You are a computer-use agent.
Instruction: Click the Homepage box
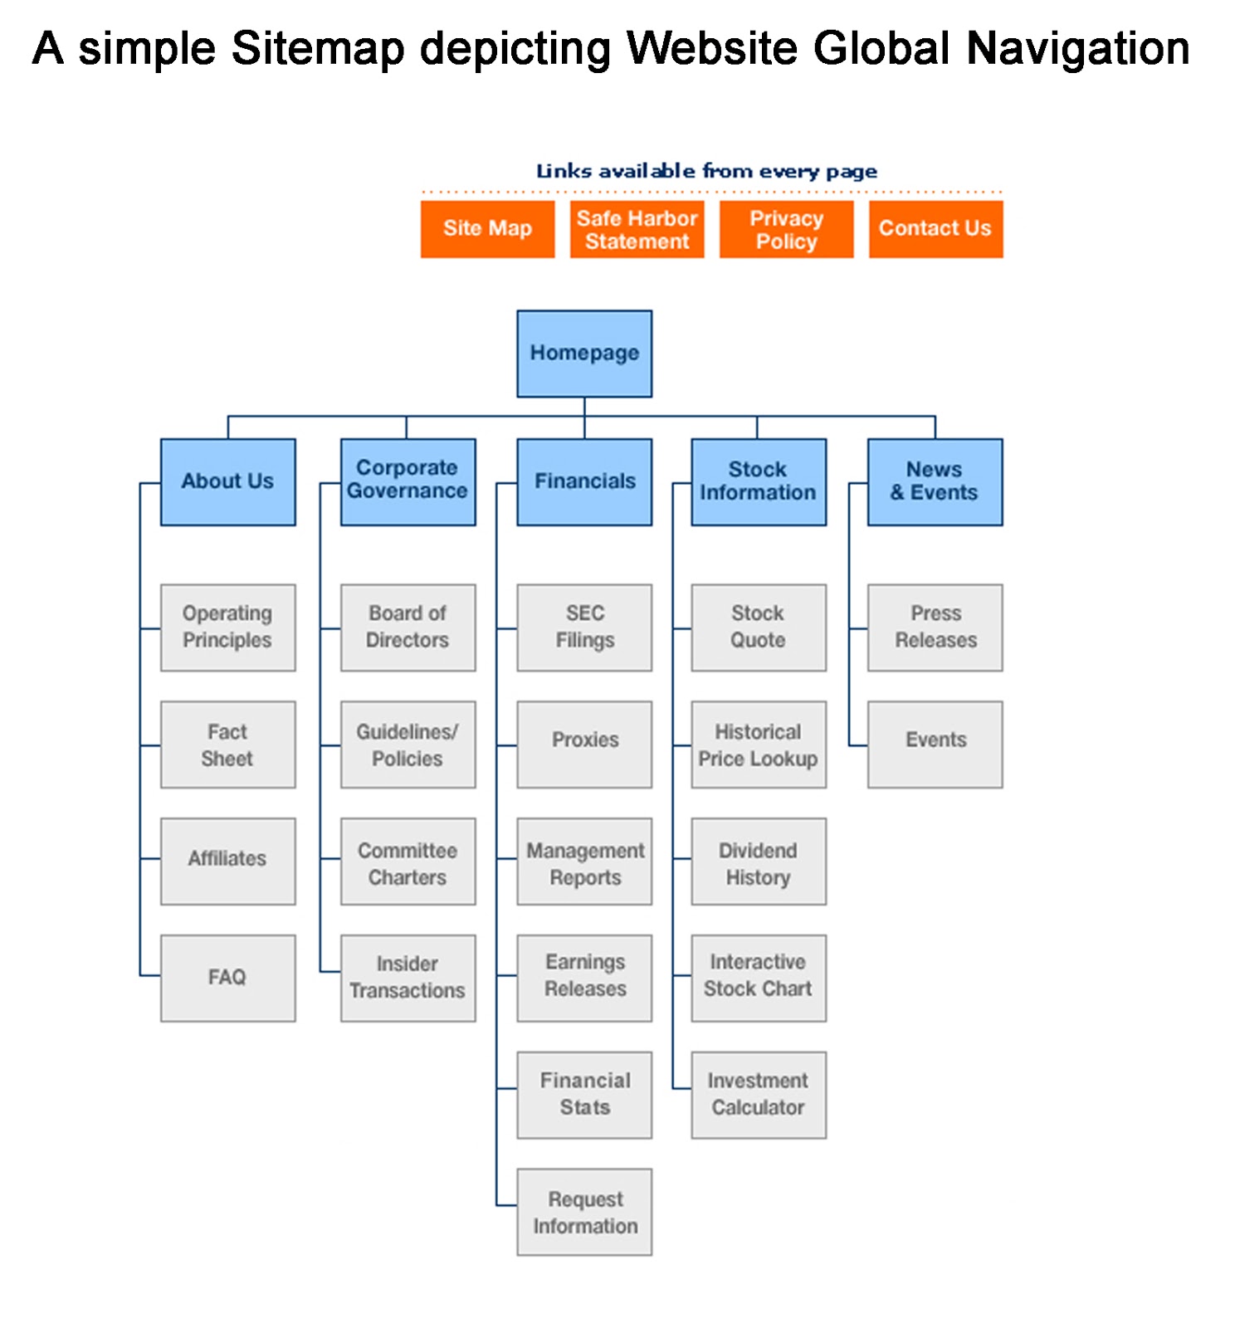tap(584, 354)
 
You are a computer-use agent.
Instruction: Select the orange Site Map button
tap(487, 229)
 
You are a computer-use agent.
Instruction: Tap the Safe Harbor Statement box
tap(637, 229)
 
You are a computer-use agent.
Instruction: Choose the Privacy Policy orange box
tap(786, 229)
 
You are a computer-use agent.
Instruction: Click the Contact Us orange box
tap(935, 229)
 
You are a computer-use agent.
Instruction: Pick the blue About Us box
tap(227, 482)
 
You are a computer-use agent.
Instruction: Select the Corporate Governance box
tap(408, 482)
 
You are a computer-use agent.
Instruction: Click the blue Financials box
tap(584, 482)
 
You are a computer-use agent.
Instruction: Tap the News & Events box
tap(935, 482)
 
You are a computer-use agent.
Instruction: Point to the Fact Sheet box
tap(227, 745)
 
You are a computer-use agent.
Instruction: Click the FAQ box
tap(227, 978)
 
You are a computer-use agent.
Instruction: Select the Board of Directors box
tap(408, 627)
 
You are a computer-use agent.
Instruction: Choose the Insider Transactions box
tap(408, 978)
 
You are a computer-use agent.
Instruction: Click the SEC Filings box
tap(584, 627)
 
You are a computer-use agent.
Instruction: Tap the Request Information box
tap(584, 1212)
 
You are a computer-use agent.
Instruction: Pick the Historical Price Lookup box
tap(759, 745)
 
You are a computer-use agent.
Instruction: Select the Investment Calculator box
tap(759, 1095)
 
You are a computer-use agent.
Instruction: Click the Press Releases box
tap(935, 627)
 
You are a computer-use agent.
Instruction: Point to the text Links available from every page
tap(706, 171)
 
